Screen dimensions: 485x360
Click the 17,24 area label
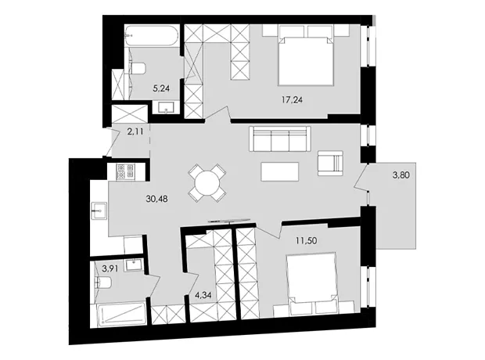(x=292, y=99)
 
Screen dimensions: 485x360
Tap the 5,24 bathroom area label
(x=161, y=88)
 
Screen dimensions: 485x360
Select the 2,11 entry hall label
(x=135, y=131)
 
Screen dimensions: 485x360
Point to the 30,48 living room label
(x=156, y=199)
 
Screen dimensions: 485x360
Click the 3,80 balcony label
(x=401, y=175)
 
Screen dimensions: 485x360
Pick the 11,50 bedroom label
(x=306, y=240)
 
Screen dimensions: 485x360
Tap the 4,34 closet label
(x=203, y=295)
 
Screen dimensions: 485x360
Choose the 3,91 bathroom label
(x=110, y=268)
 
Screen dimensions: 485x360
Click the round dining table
(x=207, y=183)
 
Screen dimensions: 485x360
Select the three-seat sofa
(x=280, y=139)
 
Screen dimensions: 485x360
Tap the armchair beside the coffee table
(x=330, y=163)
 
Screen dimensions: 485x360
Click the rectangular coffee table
(x=280, y=171)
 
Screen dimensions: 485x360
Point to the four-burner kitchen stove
(x=125, y=171)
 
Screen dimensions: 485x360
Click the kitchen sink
(x=99, y=211)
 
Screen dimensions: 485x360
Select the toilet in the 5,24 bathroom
(x=138, y=68)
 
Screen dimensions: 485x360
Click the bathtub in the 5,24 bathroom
(x=151, y=36)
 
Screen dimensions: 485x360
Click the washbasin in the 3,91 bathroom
(x=134, y=265)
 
